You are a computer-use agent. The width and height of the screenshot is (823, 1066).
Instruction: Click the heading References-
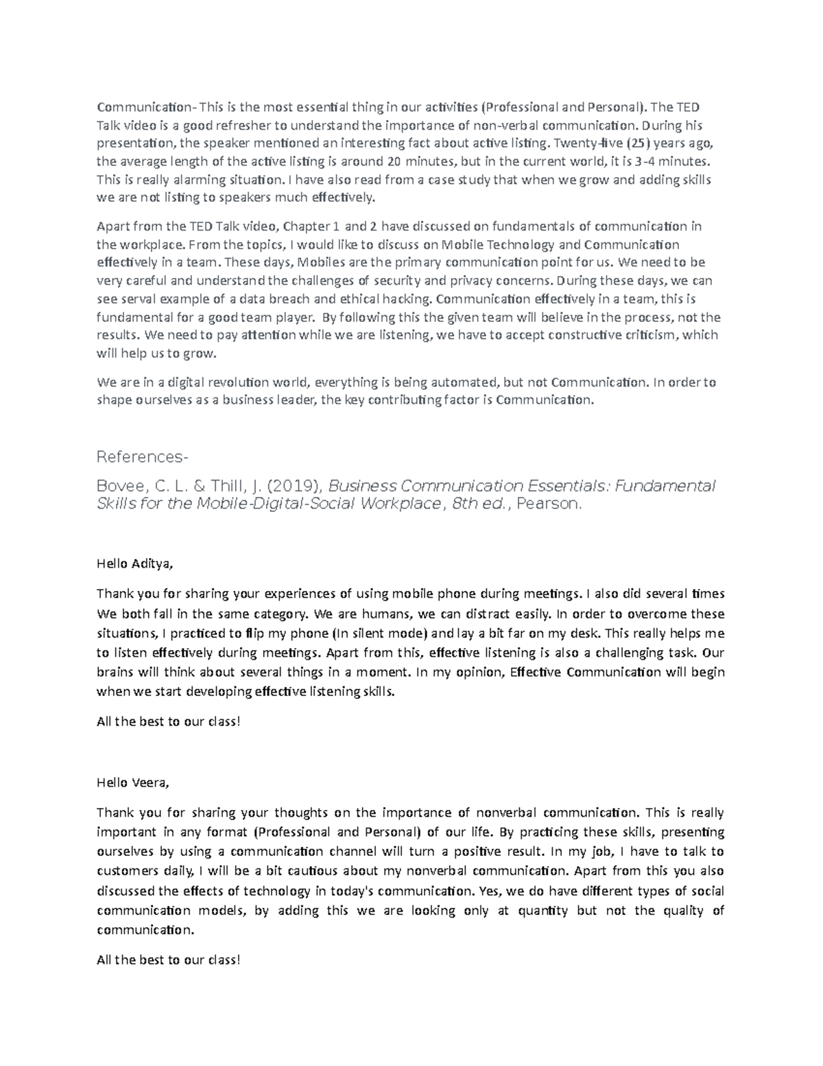click(x=142, y=456)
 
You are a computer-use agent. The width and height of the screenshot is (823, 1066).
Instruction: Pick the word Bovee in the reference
click(x=121, y=487)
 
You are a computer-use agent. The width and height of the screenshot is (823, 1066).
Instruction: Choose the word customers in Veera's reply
click(x=125, y=872)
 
